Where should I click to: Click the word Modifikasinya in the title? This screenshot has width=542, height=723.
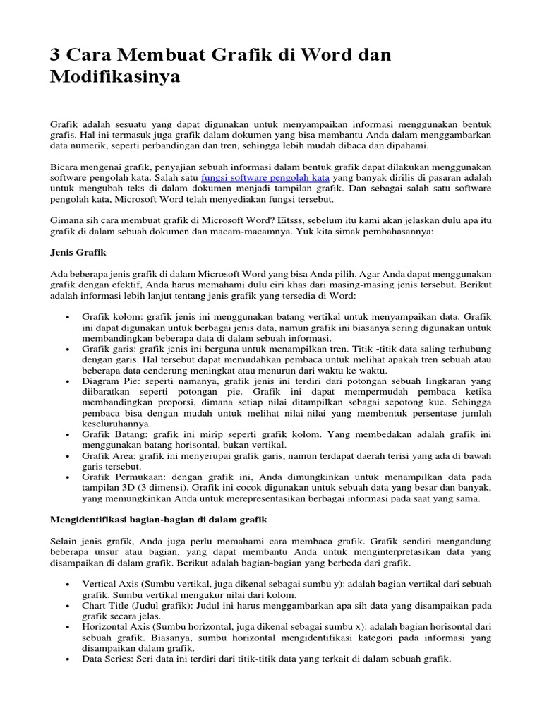(115, 77)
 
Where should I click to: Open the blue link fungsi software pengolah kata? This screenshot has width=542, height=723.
(265, 178)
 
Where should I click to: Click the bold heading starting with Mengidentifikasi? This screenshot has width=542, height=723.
(159, 519)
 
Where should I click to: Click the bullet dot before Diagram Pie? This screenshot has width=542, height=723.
(66, 381)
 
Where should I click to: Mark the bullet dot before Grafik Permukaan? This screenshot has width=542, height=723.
(66, 478)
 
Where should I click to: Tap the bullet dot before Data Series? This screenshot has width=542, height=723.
(66, 659)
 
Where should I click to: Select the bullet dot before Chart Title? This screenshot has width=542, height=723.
(66, 607)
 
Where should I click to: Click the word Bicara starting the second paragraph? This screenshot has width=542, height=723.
(66, 167)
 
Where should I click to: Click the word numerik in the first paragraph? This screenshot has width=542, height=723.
(88, 145)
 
